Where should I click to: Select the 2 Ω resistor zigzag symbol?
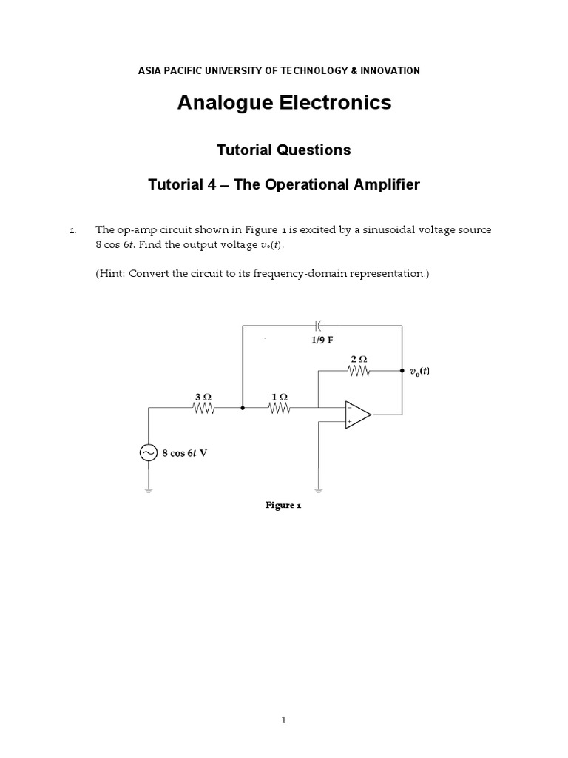tap(359, 372)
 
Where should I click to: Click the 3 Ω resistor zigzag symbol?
tap(203, 408)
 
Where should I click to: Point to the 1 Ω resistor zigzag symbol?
tap(279, 408)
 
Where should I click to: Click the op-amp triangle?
tap(358, 414)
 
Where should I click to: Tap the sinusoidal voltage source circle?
tap(149, 453)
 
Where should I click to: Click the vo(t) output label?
tap(419, 372)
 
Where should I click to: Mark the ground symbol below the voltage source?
tap(149, 490)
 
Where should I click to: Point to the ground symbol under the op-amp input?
tap(318, 490)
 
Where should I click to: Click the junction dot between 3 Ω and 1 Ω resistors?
tap(243, 408)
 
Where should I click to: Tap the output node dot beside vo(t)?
tap(402, 372)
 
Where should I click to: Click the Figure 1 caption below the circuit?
tap(283, 505)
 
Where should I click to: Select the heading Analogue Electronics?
tap(284, 103)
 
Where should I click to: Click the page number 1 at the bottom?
tap(284, 720)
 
